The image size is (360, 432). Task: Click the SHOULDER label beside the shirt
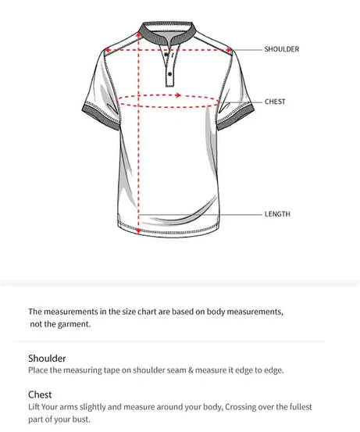click(281, 49)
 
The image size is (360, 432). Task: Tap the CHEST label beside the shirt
click(275, 102)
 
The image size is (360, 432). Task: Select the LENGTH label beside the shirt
click(277, 213)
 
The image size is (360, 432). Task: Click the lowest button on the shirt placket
click(169, 77)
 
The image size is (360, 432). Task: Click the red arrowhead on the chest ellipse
click(179, 95)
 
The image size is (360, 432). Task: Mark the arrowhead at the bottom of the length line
click(139, 230)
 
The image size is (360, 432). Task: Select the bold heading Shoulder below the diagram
click(47, 359)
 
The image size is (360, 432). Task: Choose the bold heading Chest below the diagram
click(40, 395)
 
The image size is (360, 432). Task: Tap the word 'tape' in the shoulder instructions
click(117, 370)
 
